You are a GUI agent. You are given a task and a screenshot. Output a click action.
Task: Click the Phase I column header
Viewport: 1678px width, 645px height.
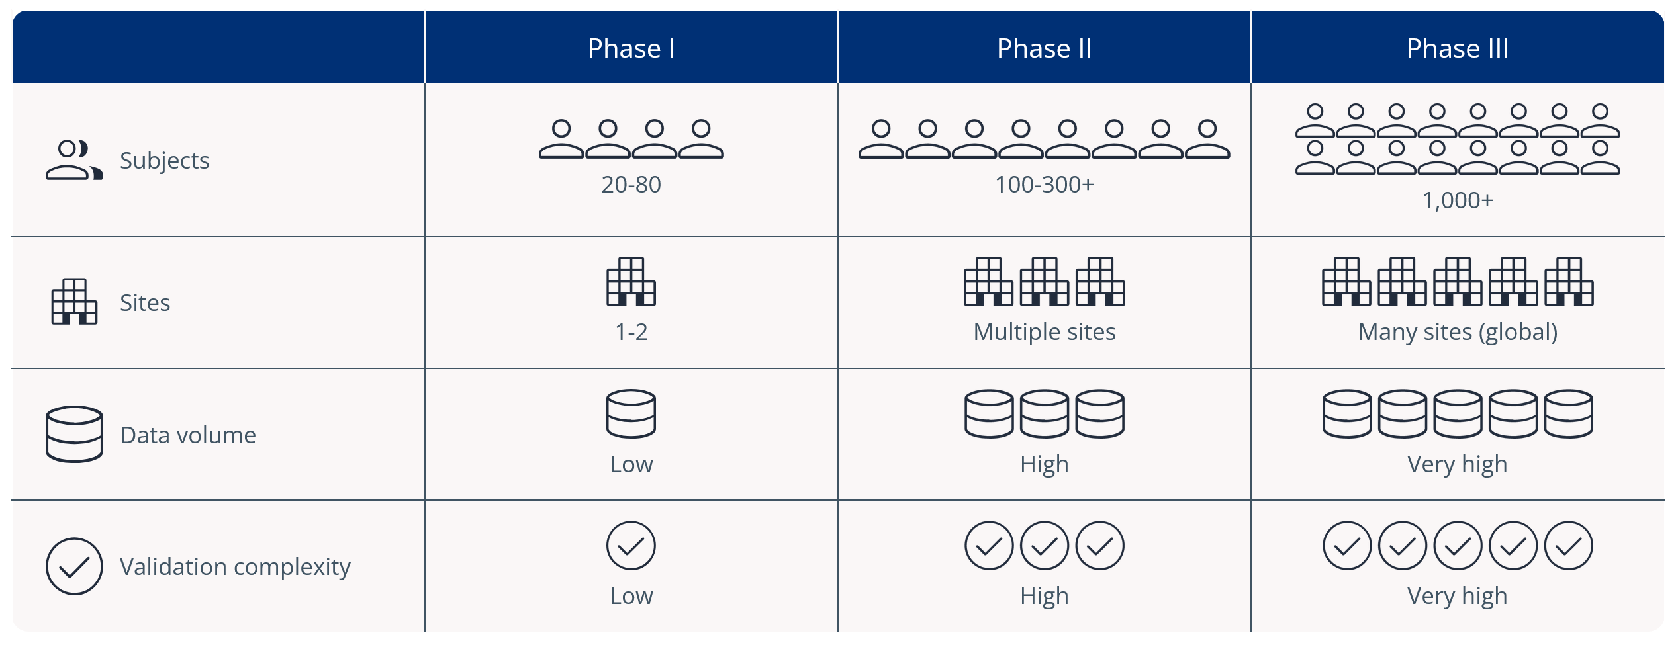pos(631,48)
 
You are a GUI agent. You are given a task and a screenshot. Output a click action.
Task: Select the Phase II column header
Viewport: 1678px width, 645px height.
pos(1044,48)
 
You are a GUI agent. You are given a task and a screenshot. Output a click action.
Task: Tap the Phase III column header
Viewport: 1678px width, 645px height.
pos(1457,48)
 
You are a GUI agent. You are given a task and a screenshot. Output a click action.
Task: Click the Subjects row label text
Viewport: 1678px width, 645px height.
pos(164,161)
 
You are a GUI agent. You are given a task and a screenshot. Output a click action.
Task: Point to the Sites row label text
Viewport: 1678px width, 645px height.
pos(145,302)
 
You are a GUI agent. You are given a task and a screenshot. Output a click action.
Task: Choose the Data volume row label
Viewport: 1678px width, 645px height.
pos(188,435)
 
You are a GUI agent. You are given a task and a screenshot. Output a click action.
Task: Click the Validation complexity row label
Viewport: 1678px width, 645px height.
pos(235,567)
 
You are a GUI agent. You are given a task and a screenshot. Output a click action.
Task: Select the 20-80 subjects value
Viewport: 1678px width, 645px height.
pos(631,185)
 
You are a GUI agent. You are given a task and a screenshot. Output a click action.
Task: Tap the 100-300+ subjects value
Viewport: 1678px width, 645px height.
pos(1044,185)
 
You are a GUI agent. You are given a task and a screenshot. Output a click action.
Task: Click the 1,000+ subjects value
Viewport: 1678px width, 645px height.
pos(1458,200)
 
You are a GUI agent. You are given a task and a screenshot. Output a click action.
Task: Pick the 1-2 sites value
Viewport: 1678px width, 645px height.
pos(631,331)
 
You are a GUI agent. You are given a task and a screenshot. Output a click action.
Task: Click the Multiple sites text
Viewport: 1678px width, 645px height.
pos(1045,332)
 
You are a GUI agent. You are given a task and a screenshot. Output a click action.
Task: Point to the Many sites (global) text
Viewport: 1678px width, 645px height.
pos(1458,332)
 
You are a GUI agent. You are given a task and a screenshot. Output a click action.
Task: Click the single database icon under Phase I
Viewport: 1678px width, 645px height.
pos(631,413)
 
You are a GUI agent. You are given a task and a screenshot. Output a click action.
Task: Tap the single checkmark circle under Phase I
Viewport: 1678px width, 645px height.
pos(631,546)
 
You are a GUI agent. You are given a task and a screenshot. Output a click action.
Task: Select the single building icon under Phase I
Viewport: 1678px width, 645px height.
pos(631,282)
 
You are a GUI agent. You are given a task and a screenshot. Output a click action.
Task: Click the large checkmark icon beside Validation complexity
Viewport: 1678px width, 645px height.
pos(74,566)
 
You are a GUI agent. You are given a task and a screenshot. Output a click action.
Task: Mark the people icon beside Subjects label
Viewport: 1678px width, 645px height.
pos(74,160)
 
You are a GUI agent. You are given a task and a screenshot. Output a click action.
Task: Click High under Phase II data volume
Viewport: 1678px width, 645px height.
pos(1044,464)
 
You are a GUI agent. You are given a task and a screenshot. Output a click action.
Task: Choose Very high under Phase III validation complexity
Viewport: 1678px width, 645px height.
pos(1457,596)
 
